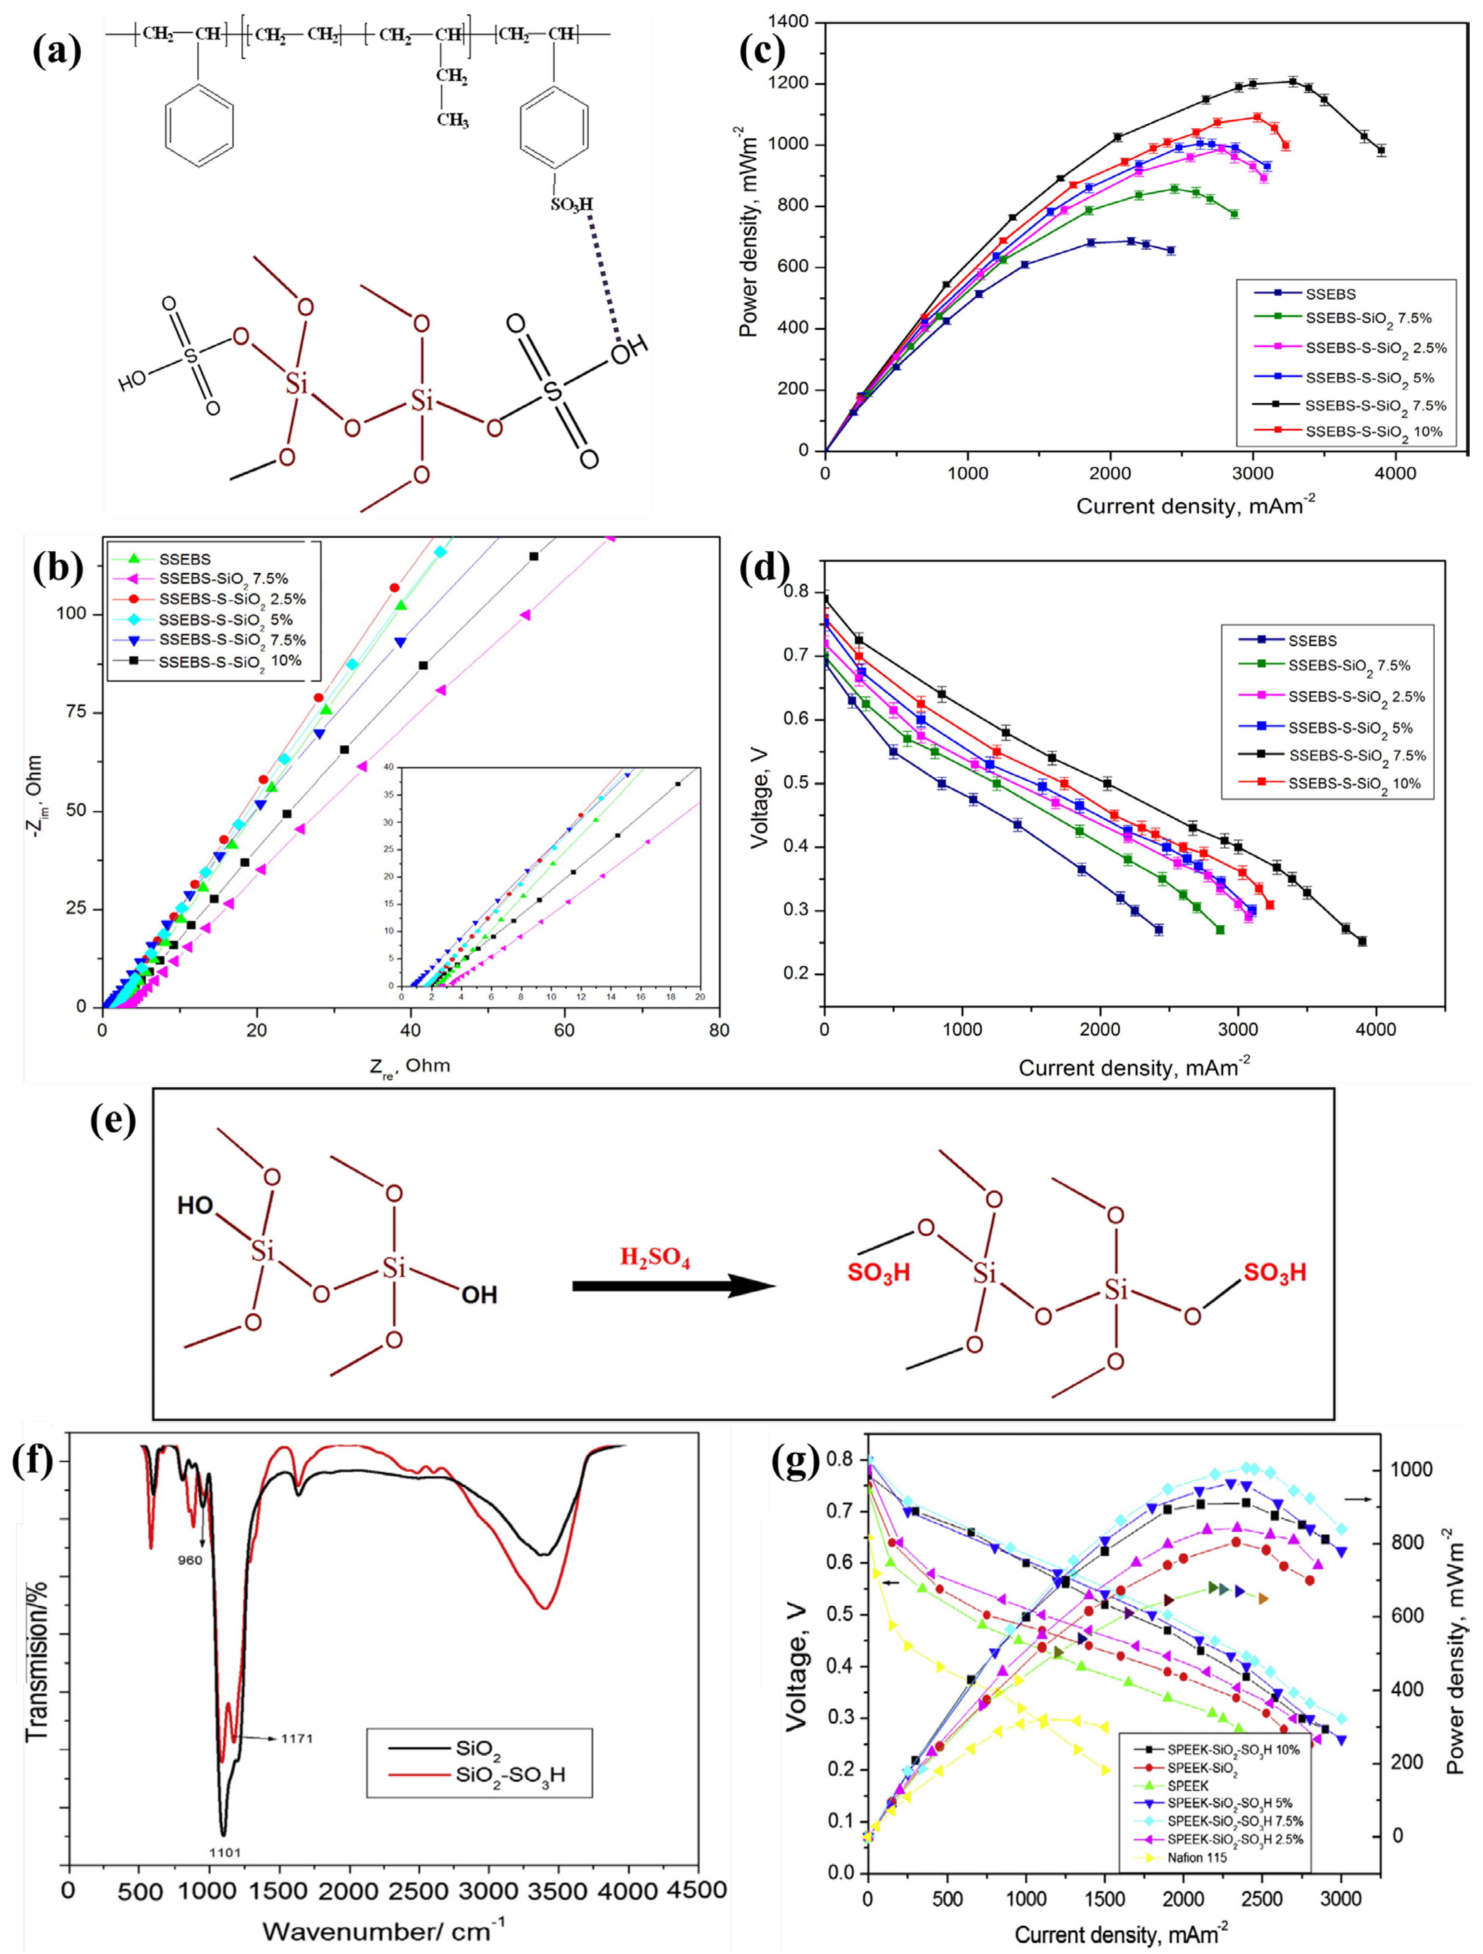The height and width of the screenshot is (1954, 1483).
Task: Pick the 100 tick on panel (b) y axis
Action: coord(71,614)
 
